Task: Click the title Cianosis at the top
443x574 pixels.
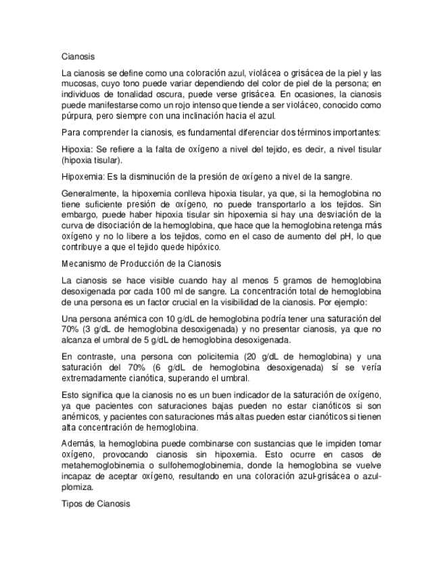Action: [x=78, y=57]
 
